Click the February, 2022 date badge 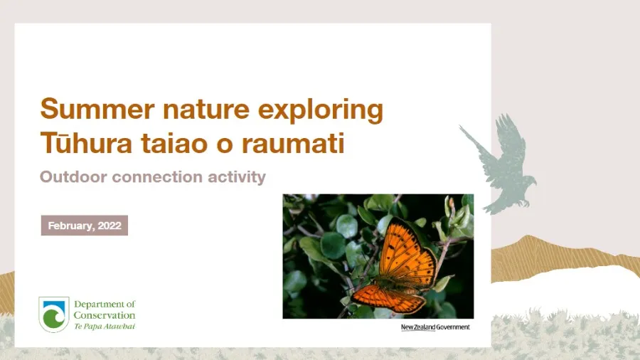click(x=84, y=226)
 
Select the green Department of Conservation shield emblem click(x=54, y=314)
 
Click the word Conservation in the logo click(x=105, y=315)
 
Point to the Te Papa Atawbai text click(x=105, y=326)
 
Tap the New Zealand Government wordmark click(x=435, y=327)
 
